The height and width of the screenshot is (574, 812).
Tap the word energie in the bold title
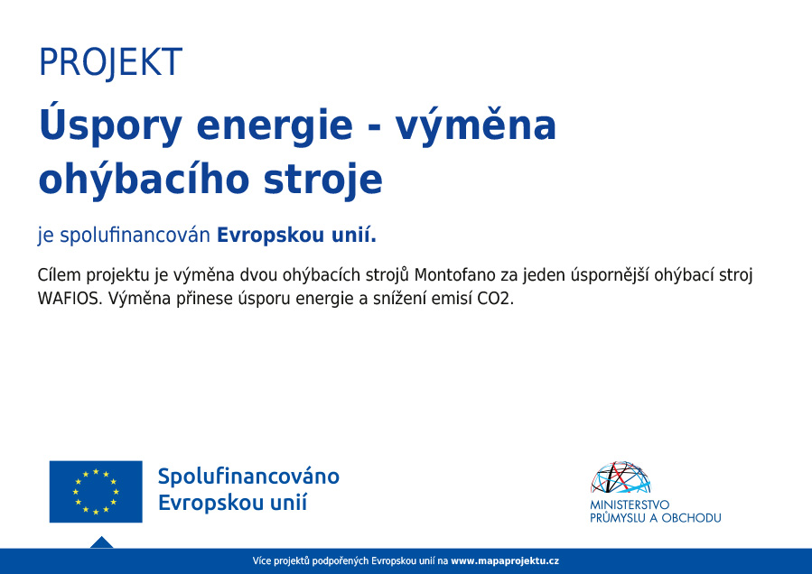tap(275, 127)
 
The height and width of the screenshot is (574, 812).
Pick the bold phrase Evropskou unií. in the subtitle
tap(297, 235)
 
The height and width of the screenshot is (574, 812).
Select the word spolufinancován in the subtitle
tap(135, 236)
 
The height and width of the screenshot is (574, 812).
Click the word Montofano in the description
tap(455, 274)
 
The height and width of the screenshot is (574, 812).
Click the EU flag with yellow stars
tap(96, 492)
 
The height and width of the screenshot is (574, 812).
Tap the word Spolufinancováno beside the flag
tap(248, 477)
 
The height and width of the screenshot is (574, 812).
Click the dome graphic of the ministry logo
tap(621, 477)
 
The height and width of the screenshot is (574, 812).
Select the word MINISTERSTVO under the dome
tap(630, 505)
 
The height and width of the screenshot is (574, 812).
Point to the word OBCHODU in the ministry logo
tap(691, 517)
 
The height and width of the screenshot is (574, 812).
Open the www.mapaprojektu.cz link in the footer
tap(505, 561)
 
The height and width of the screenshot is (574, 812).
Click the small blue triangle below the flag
tap(101, 542)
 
